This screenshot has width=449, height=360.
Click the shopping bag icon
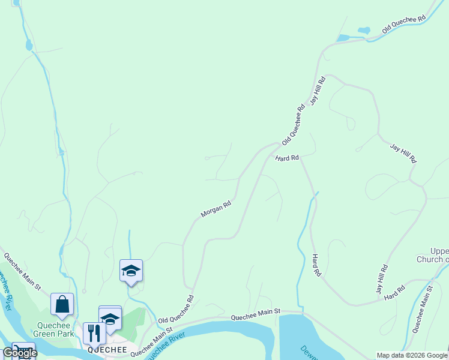click(62, 305)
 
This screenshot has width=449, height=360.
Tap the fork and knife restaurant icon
click(94, 333)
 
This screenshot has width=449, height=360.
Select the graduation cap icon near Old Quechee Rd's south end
click(131, 272)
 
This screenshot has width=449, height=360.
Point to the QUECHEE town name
click(107, 349)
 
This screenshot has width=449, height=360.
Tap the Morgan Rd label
click(215, 209)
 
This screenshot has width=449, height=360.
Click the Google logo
click(20, 353)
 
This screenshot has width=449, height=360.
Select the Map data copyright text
click(412, 355)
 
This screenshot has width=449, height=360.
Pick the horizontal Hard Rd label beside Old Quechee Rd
click(287, 158)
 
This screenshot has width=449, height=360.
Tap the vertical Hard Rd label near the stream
click(315, 265)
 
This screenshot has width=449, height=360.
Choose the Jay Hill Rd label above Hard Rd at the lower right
click(381, 279)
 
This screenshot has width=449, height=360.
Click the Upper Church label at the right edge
click(432, 255)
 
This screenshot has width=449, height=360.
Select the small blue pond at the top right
click(364, 30)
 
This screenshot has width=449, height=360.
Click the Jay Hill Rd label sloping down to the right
click(403, 154)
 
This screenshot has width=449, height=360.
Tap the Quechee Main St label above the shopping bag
click(22, 271)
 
